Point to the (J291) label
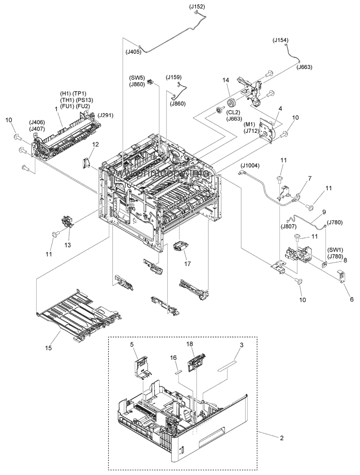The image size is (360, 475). [x=106, y=115]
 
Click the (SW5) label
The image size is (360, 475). [x=137, y=78]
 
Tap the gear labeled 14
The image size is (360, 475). [x=230, y=106]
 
